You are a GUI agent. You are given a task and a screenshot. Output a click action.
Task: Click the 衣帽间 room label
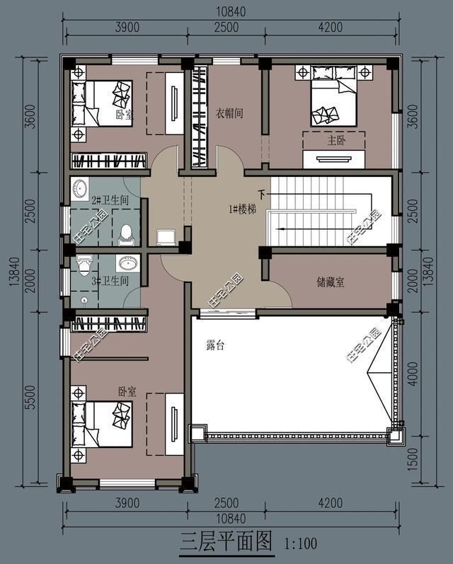(x=229, y=113)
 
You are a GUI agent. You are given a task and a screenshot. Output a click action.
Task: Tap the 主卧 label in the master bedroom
(x=336, y=140)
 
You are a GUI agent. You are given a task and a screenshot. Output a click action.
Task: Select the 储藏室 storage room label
(x=331, y=282)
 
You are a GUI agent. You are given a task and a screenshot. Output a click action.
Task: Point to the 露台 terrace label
(x=215, y=345)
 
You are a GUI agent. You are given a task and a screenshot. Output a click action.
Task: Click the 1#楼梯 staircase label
(x=243, y=209)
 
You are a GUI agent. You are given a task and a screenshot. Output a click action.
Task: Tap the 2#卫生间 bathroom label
(x=110, y=200)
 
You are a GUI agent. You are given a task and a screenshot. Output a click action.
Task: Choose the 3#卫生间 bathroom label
(x=110, y=281)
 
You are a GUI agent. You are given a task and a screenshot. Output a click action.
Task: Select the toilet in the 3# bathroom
(x=84, y=265)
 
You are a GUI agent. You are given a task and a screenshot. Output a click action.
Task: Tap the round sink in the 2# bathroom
(x=79, y=188)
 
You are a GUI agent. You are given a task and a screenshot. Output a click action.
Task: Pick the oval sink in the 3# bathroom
(x=127, y=264)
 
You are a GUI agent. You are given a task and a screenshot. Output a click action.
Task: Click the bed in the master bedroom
(x=334, y=96)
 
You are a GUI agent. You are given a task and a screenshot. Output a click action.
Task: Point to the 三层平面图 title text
(x=226, y=541)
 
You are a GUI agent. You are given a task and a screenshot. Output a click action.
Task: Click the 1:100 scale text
(x=300, y=543)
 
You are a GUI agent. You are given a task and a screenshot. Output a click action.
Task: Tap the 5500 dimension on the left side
(x=31, y=397)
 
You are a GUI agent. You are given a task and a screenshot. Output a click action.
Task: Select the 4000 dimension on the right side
(x=413, y=374)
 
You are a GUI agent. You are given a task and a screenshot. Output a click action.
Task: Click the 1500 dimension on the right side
(x=413, y=459)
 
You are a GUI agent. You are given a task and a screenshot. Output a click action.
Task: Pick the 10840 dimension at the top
(x=231, y=12)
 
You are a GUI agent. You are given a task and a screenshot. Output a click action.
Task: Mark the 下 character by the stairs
(x=262, y=195)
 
